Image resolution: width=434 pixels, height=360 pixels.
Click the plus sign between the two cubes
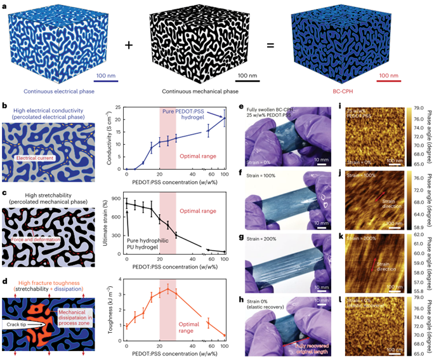(x=129, y=44)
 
